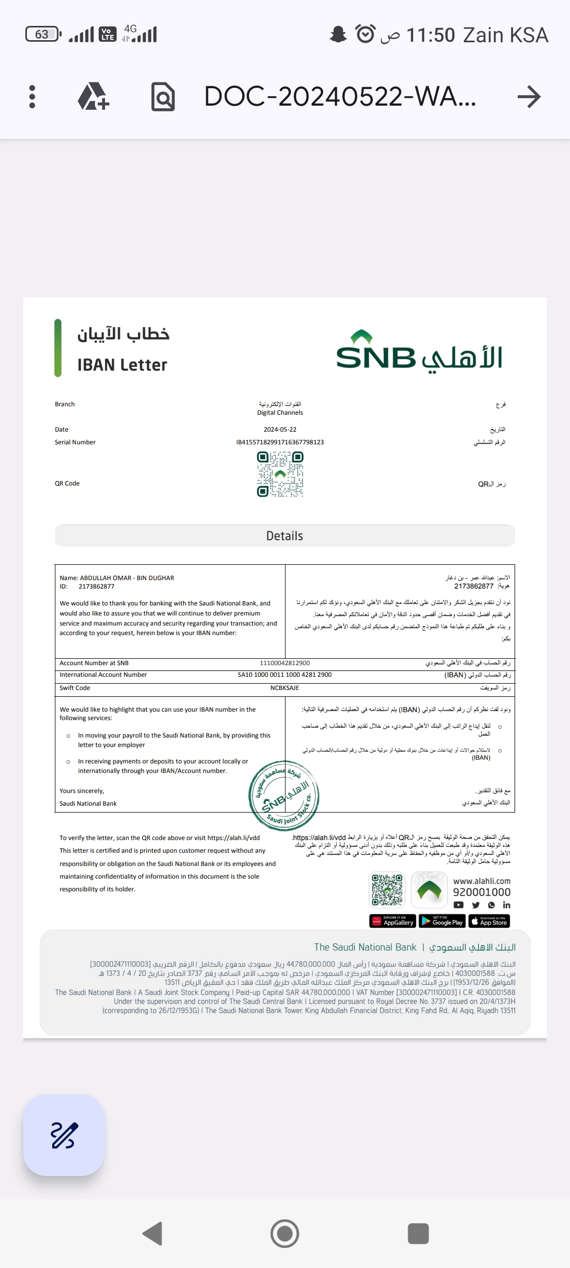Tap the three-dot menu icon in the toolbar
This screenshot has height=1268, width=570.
[32, 97]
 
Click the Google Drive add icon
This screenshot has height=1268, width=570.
[93, 97]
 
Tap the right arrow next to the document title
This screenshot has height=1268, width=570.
[529, 97]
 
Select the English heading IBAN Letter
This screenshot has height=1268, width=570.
[122, 365]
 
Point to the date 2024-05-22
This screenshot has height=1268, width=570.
[280, 430]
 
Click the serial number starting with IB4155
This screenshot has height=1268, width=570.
[280, 442]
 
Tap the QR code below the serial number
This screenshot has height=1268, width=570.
[280, 474]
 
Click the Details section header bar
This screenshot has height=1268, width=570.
[284, 536]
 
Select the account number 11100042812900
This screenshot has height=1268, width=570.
[284, 663]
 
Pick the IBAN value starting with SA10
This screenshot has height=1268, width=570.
[284, 675]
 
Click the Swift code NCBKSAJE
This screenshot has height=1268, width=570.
[284, 688]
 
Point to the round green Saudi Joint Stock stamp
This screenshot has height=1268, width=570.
[284, 795]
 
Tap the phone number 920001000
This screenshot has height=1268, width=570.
[481, 892]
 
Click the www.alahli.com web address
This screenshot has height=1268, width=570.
[481, 881]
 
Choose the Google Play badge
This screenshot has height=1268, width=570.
[441, 921]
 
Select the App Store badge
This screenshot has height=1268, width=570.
[489, 921]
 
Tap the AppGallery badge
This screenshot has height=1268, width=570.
[393, 921]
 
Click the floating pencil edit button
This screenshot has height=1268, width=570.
[64, 1135]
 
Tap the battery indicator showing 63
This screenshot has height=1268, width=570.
[43, 34]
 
